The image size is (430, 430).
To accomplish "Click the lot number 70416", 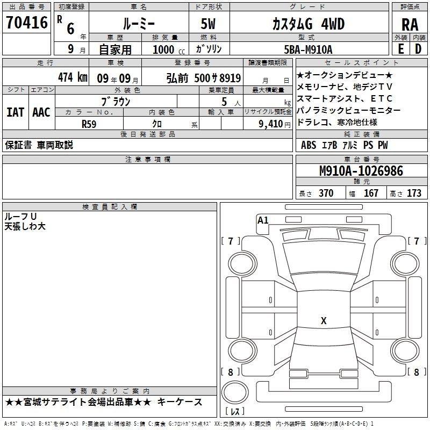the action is [27, 23].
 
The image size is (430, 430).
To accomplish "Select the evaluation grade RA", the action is [410, 25].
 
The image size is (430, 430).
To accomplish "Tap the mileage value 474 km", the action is [73, 77].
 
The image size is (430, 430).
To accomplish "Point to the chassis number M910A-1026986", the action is [361, 171].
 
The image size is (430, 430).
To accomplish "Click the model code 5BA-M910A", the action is [308, 49].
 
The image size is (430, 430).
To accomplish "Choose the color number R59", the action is [89, 124].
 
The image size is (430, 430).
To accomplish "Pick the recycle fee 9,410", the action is [271, 124].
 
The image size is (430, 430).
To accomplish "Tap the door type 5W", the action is [208, 24].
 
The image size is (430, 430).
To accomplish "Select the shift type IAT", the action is [16, 112].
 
